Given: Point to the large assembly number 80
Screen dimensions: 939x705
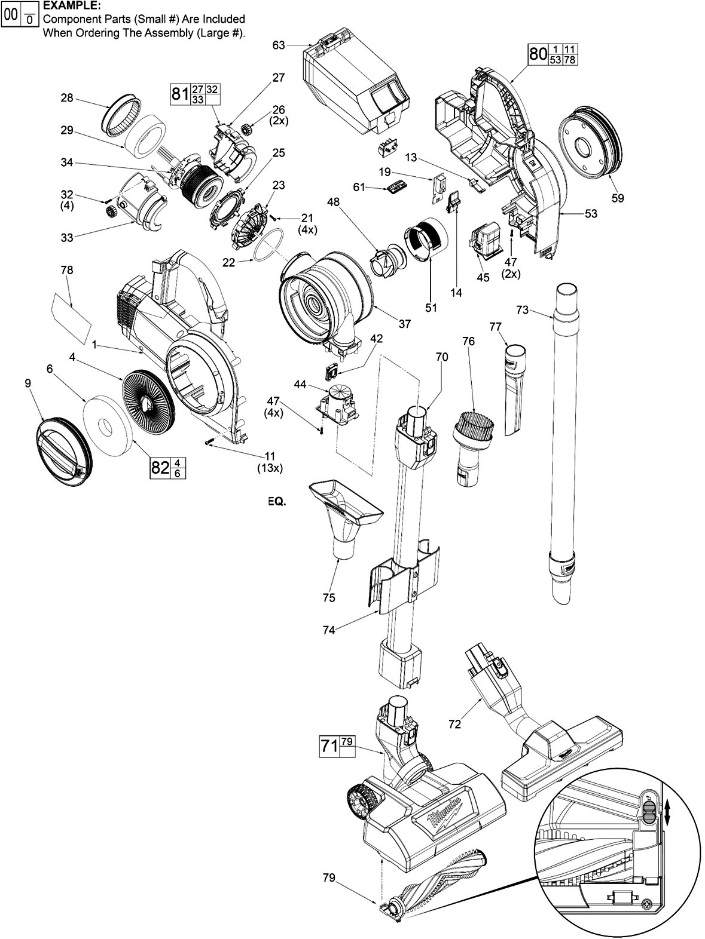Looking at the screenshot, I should (538, 54).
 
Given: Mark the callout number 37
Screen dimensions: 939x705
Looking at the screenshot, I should (405, 324).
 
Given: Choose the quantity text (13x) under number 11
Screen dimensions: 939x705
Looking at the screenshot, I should (270, 468).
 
